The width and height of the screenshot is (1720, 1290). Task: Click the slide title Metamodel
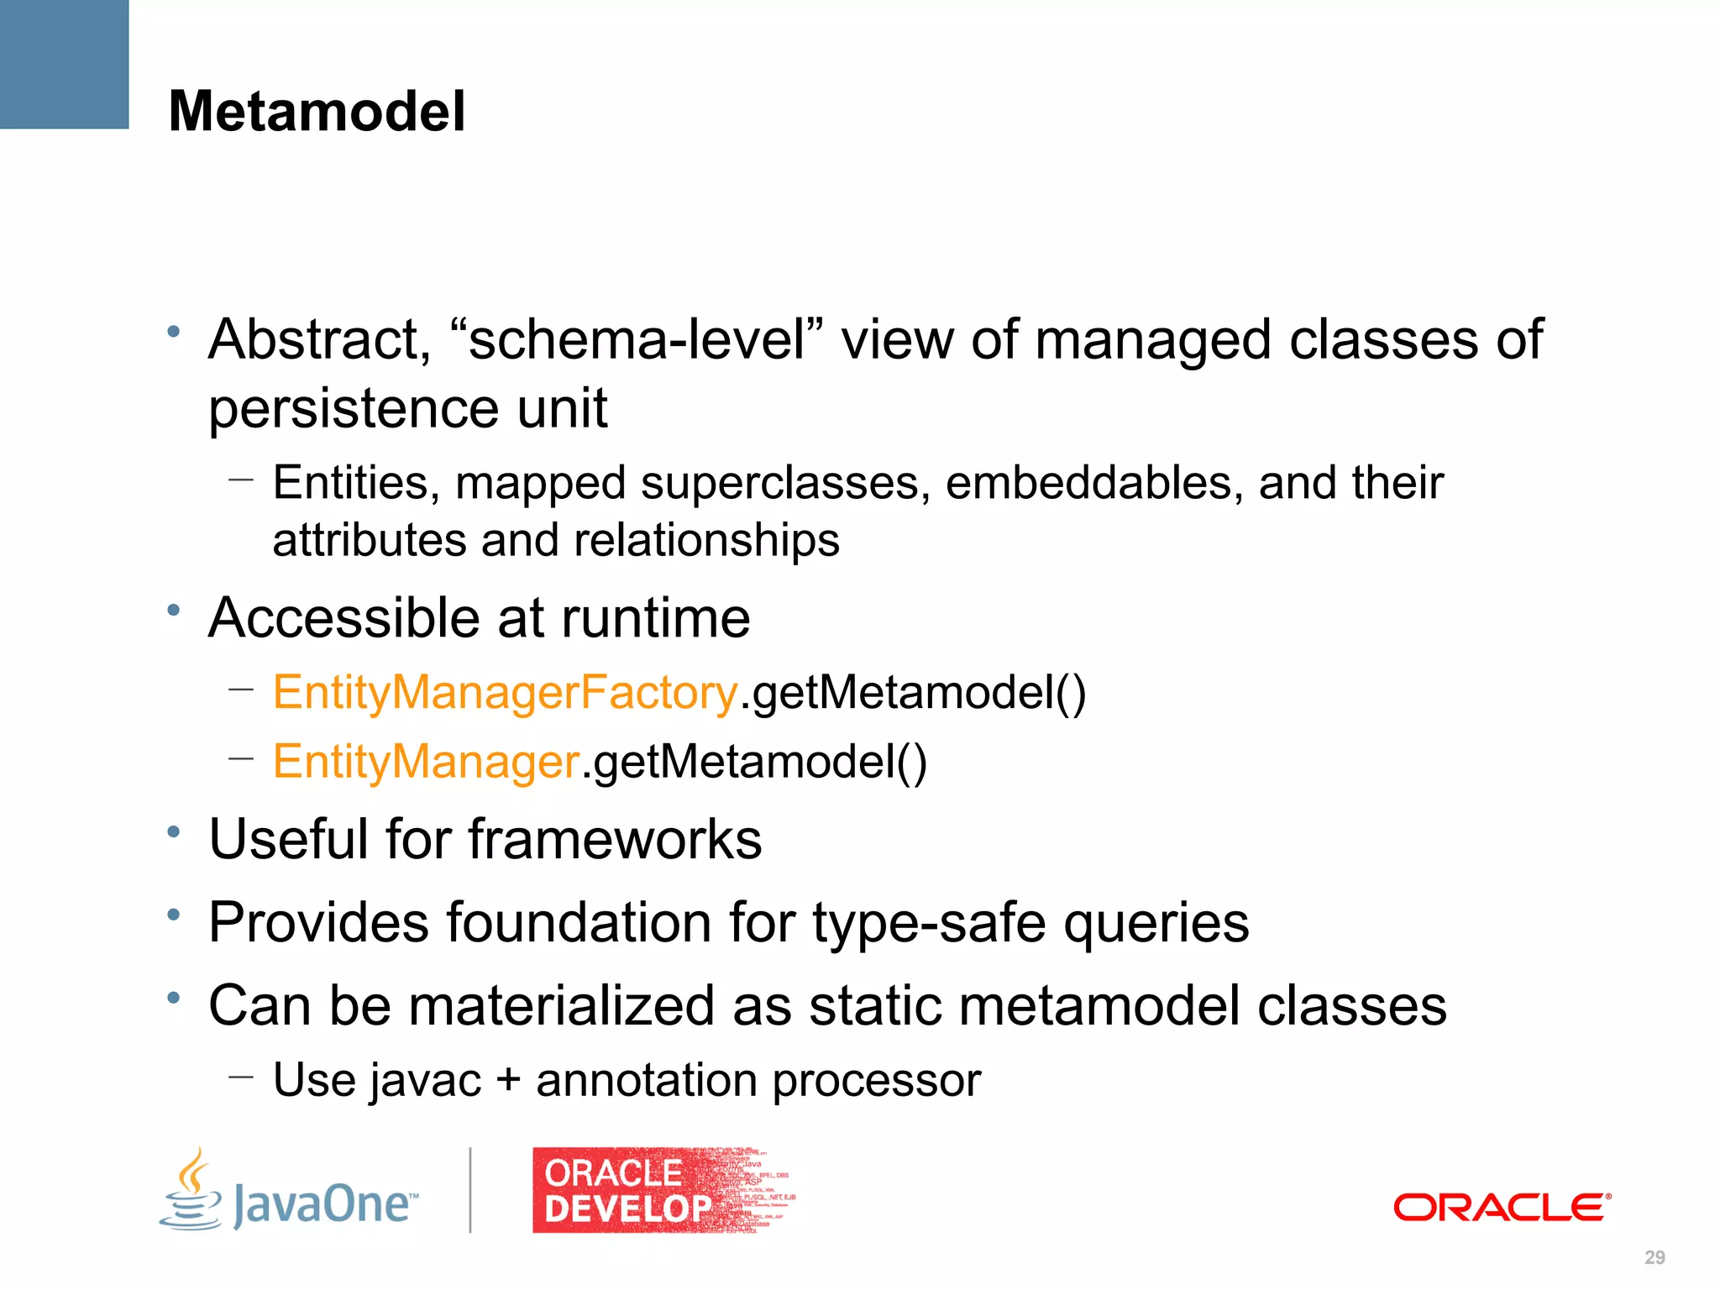point(317,112)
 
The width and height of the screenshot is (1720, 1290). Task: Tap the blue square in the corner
point(64,64)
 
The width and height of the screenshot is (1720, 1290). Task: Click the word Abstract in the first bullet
point(319,339)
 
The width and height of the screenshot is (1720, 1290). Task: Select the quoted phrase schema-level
point(637,339)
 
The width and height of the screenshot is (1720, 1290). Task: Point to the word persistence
point(353,409)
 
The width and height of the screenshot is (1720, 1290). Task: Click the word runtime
point(655,618)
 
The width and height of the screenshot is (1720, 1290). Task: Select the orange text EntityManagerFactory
point(505,693)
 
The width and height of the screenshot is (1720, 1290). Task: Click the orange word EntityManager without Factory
point(426,762)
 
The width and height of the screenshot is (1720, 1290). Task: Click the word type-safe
point(929,923)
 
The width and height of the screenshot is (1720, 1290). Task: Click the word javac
point(426,1081)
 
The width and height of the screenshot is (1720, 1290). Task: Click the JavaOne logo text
point(325,1203)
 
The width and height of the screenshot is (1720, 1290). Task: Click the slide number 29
point(1654,1257)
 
